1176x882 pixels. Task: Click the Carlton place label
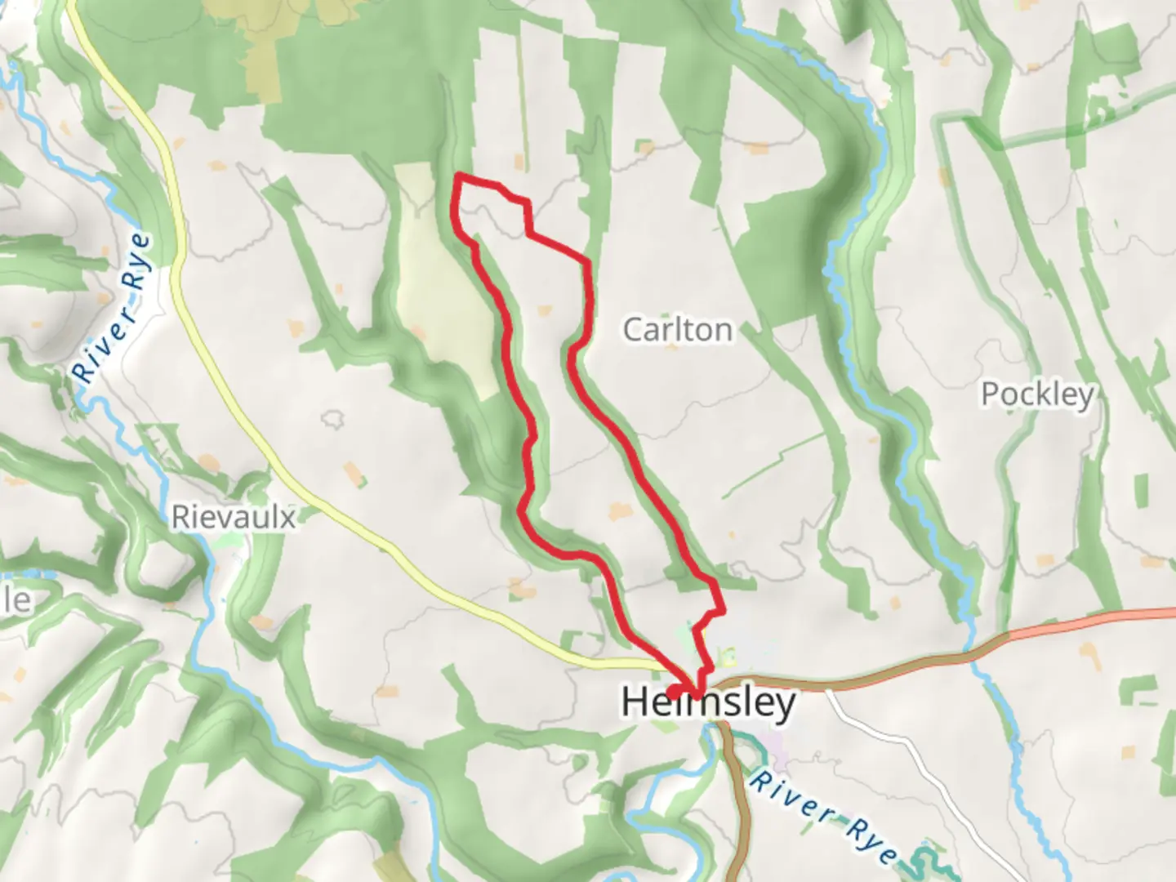coord(678,330)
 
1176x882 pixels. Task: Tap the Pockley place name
coord(1037,394)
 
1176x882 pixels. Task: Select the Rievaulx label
coord(233,517)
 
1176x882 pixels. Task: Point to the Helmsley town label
coord(708,702)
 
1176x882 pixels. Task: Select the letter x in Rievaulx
coord(287,518)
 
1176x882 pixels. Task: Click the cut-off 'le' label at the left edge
coord(16,601)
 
